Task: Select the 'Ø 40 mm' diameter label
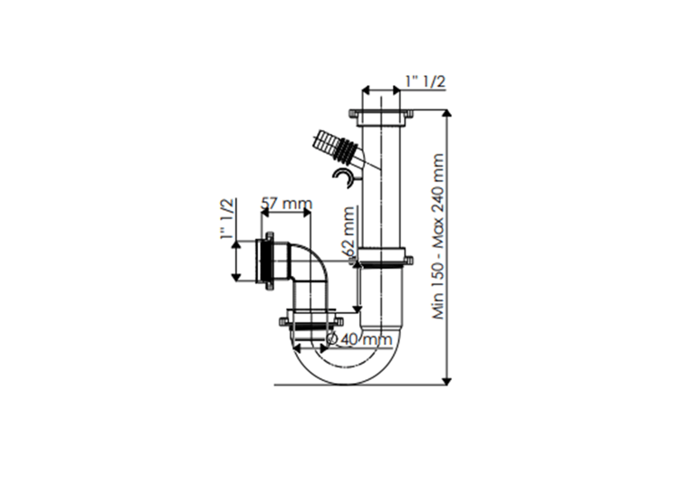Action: tap(359, 339)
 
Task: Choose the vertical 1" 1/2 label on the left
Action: tap(226, 220)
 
